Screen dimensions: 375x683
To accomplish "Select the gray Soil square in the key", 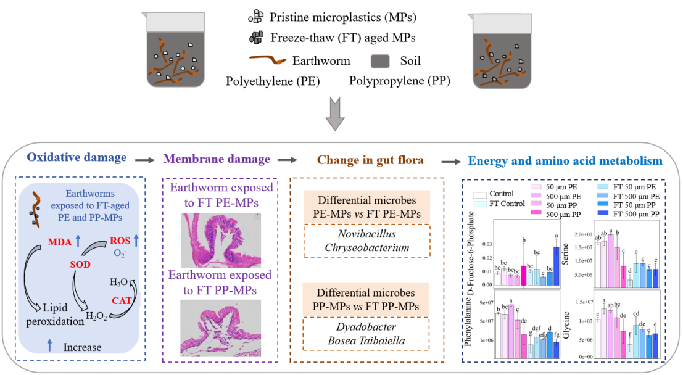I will click(381, 61).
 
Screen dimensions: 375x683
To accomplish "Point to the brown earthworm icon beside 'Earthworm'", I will click(267, 61).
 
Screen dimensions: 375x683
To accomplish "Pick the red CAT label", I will click(121, 300).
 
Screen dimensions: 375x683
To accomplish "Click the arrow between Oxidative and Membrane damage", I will click(145, 160).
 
